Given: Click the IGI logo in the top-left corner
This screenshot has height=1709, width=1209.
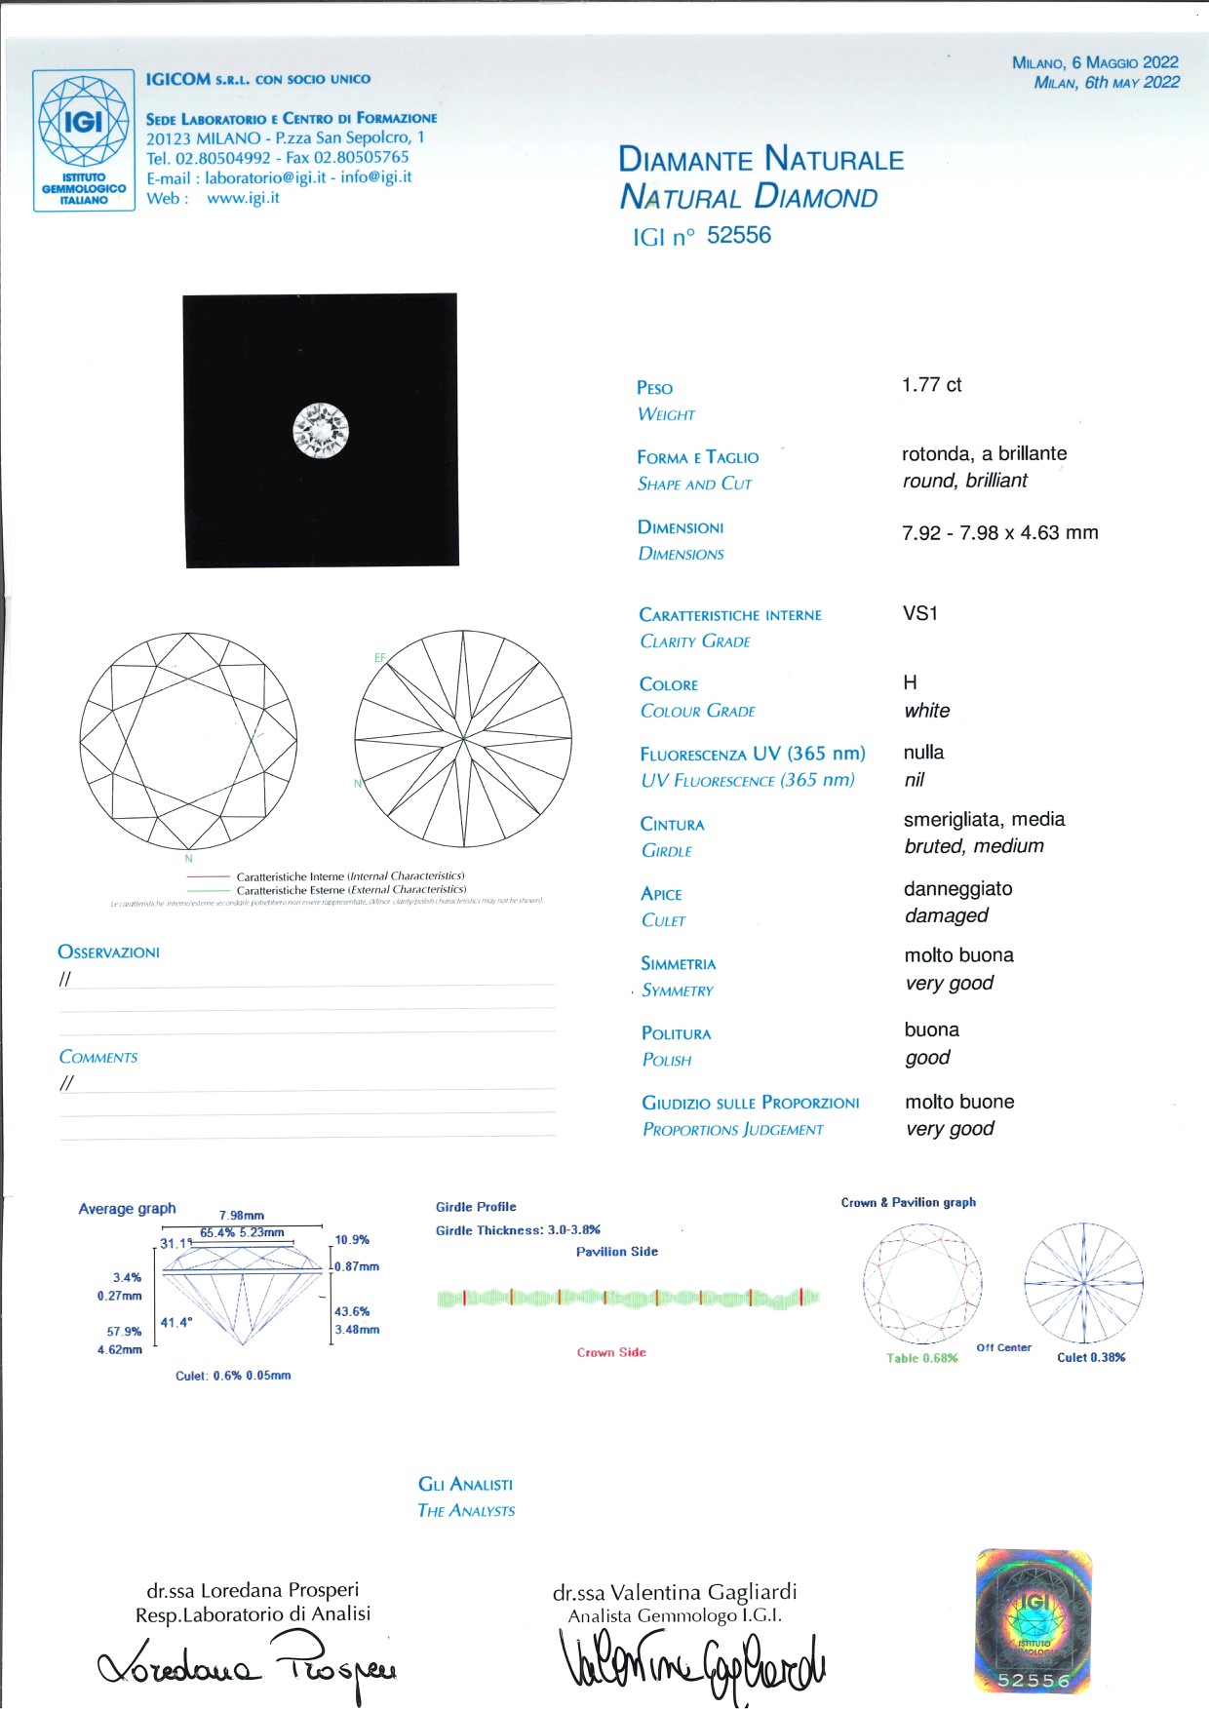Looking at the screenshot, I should coord(84,139).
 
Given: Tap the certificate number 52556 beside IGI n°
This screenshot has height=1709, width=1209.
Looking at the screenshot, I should coord(738,235).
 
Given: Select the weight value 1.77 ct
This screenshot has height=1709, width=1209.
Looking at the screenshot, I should coord(931,385).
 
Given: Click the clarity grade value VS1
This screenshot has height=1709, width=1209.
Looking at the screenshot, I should coord(919,613).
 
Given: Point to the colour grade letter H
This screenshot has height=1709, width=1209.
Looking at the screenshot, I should coord(910,682).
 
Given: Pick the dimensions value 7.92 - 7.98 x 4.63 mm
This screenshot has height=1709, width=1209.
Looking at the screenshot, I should coord(999,533).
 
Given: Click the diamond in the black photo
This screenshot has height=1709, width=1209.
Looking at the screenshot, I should coord(321,430).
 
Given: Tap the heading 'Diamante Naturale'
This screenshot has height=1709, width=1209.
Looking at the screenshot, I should coord(760,159).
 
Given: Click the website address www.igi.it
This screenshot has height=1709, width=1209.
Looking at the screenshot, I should coord(243,198).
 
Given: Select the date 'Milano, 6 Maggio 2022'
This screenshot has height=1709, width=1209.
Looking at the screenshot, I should coord(1095,62).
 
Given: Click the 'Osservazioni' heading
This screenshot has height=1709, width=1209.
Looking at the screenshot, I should coord(108,952).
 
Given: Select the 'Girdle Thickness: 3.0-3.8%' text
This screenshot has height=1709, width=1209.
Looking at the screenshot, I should coord(518,1230).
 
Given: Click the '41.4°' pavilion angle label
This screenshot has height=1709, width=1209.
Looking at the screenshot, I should coord(176,1322).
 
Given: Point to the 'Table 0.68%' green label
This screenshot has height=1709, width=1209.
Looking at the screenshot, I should coord(921,1358).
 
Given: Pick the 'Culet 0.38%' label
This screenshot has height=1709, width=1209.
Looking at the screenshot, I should coord(1091,1357).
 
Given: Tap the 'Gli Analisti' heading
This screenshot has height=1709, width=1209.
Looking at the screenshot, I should coord(465,1484).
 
